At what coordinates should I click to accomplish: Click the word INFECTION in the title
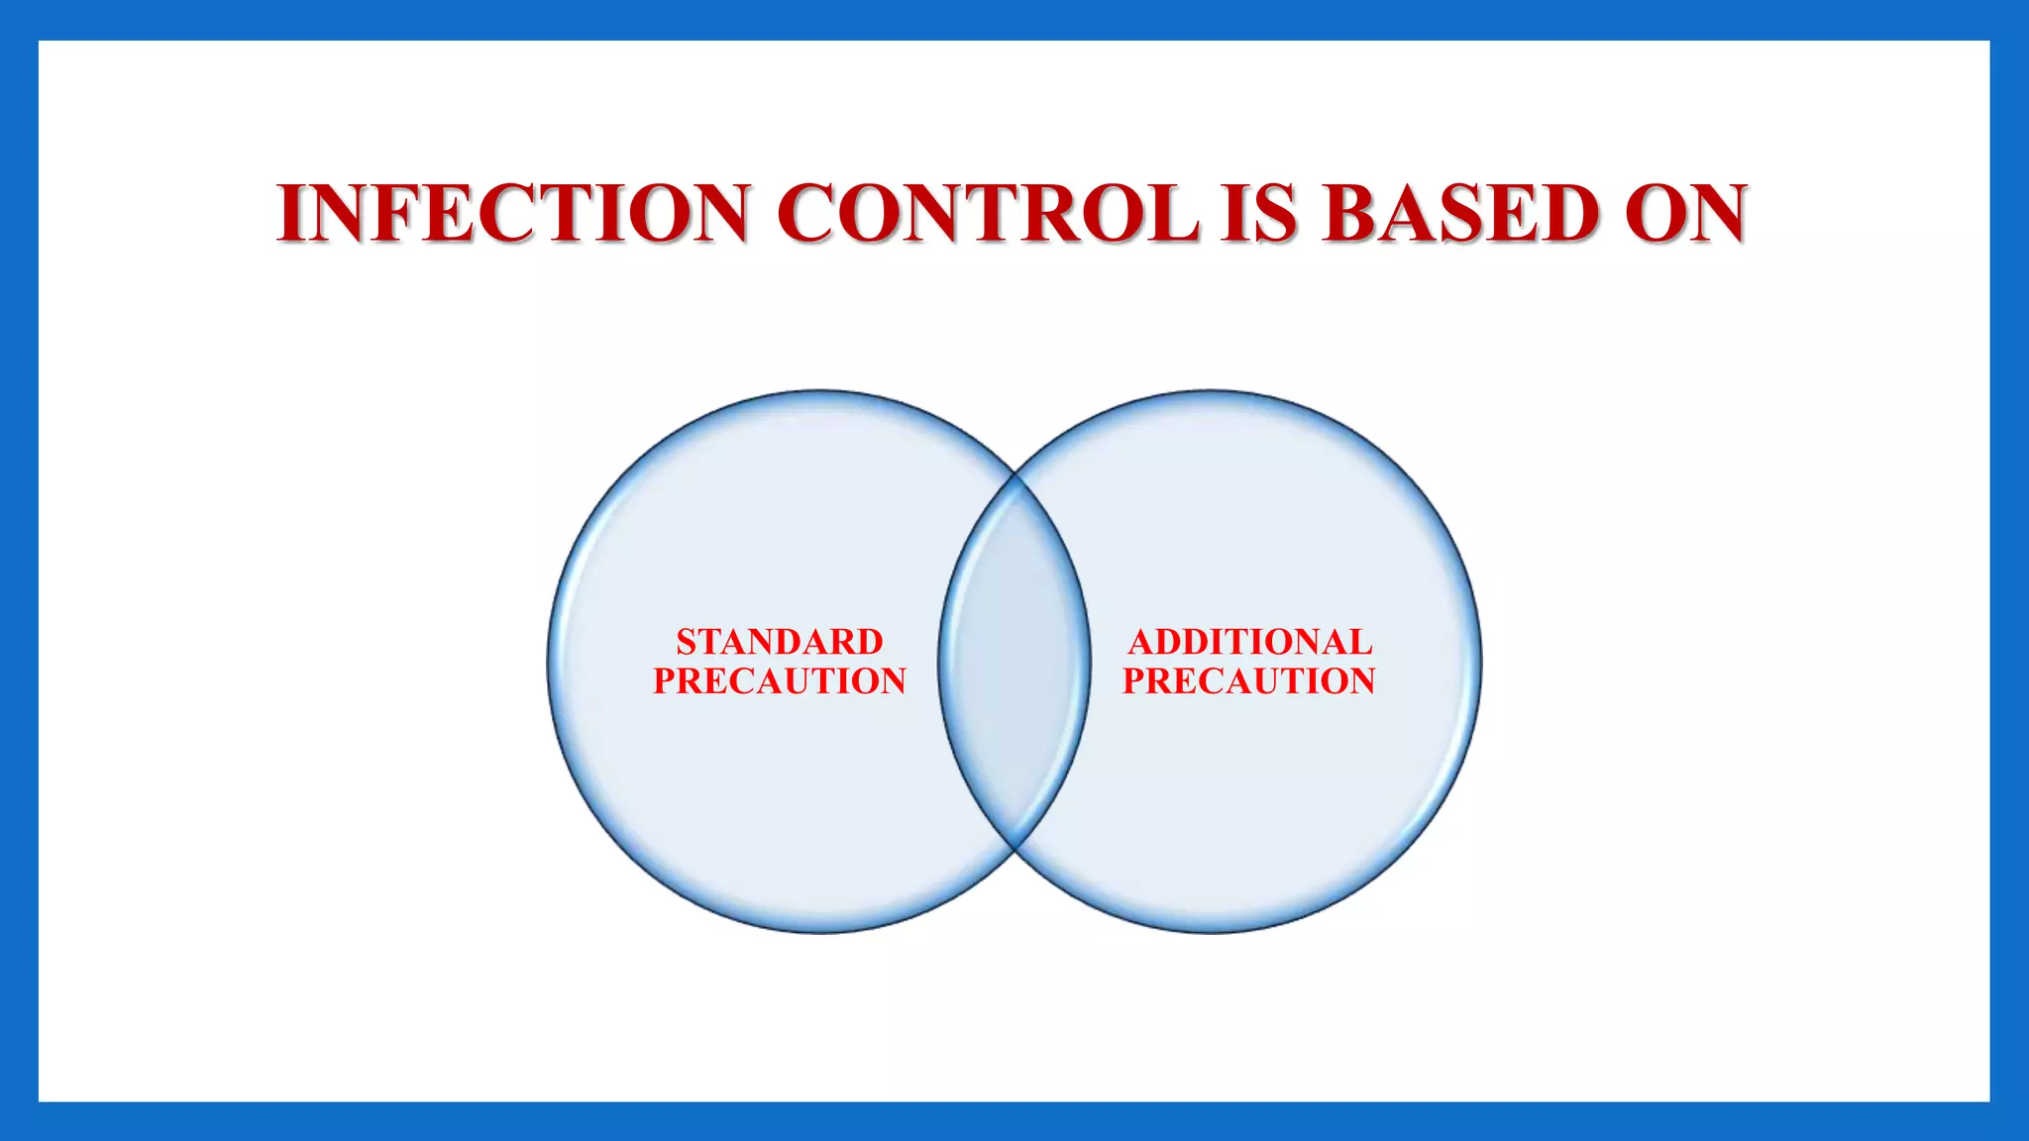(x=513, y=213)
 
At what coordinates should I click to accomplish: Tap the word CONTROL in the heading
(x=987, y=213)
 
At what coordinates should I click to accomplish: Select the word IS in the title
(x=1259, y=213)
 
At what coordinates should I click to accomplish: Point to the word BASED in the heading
(x=1461, y=213)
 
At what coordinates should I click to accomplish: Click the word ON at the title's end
(x=1685, y=213)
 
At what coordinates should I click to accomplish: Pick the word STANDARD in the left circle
(x=780, y=642)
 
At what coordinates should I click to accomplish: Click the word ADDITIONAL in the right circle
(x=1250, y=642)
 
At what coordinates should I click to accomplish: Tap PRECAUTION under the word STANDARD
(x=780, y=681)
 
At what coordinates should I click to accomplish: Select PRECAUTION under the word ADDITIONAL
(x=1248, y=681)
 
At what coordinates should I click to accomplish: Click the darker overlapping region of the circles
(x=1014, y=662)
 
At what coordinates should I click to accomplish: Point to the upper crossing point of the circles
(x=1015, y=476)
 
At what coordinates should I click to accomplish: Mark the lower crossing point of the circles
(x=1015, y=848)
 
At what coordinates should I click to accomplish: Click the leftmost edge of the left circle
(x=549, y=662)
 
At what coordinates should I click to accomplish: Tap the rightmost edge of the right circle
(x=1480, y=662)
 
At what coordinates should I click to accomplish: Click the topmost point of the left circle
(x=819, y=391)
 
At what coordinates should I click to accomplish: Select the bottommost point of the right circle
(x=1211, y=931)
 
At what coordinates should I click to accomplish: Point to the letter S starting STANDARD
(x=686, y=642)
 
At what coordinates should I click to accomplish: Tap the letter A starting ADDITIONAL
(x=1140, y=642)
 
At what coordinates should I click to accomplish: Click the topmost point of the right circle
(x=1211, y=391)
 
